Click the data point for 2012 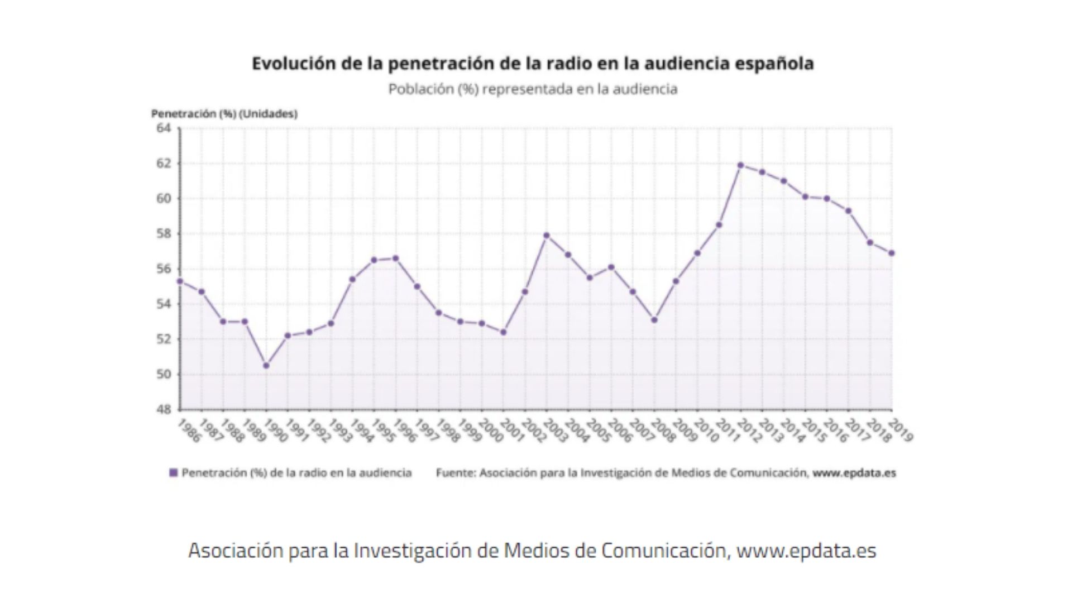(x=740, y=165)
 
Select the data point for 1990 (x=266, y=366)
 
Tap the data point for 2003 (x=547, y=236)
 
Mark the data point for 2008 (x=654, y=320)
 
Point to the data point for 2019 (x=892, y=253)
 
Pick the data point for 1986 (x=180, y=281)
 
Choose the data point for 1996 (x=395, y=258)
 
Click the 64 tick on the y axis (x=164, y=128)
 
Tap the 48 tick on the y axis (x=164, y=409)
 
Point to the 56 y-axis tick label (x=164, y=269)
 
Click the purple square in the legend (x=174, y=473)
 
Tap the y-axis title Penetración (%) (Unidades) (x=224, y=114)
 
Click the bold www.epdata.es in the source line (x=854, y=473)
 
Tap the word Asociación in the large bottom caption (x=236, y=551)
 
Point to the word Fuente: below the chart (x=456, y=473)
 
